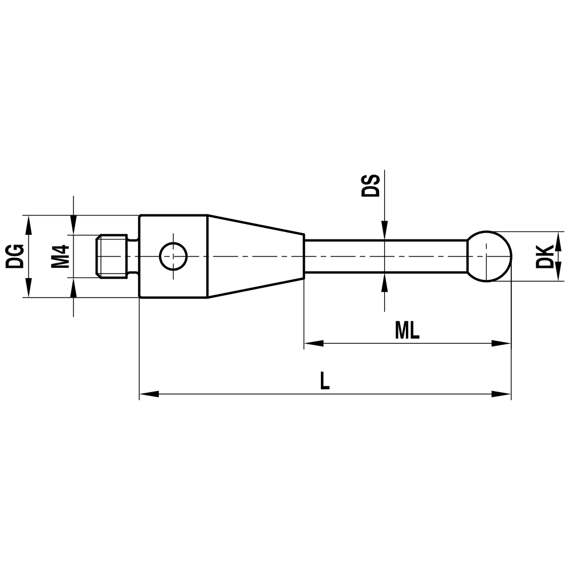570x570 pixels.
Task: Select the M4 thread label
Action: pyautogui.click(x=60, y=256)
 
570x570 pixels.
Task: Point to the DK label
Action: pyautogui.click(x=545, y=256)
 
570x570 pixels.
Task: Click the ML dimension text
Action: pyautogui.click(x=407, y=331)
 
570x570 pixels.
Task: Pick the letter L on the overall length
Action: pyautogui.click(x=324, y=381)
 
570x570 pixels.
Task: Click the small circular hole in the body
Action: pyautogui.click(x=173, y=256)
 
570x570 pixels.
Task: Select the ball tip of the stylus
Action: pyautogui.click(x=489, y=256)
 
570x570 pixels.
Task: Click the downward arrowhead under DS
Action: pyautogui.click(x=385, y=231)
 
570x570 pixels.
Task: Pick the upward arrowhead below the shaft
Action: pyautogui.click(x=385, y=282)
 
